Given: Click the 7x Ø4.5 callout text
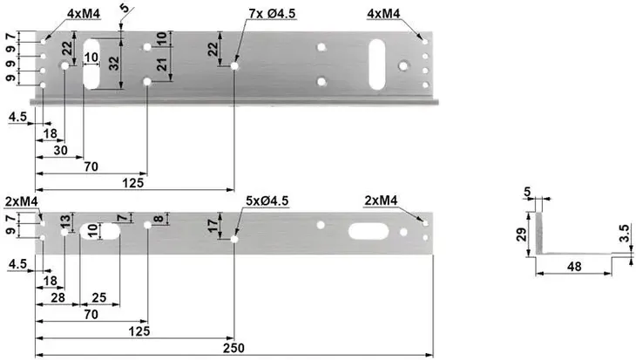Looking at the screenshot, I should pos(274,14).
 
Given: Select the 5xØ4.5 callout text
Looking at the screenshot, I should pos(267,201).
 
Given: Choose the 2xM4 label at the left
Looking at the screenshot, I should pos(21,201).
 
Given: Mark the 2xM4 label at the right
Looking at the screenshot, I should pos(381,201).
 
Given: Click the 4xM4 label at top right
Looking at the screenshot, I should pos(386,14).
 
